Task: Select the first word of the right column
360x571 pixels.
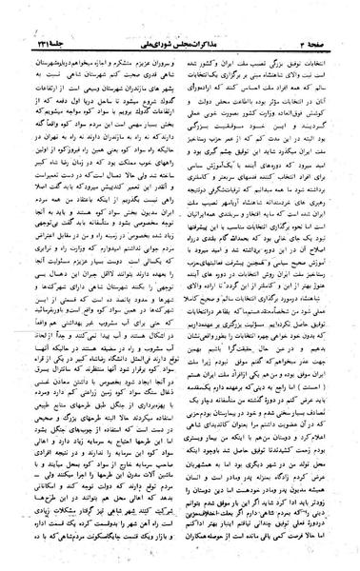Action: coord(322,59)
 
